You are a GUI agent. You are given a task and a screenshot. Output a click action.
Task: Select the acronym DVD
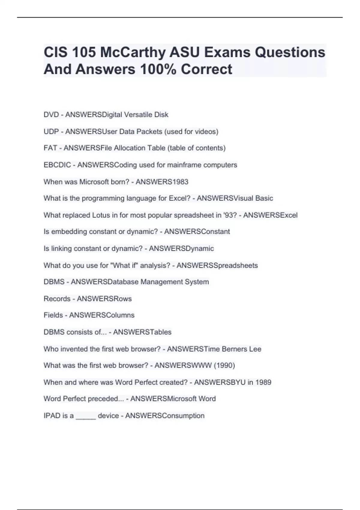[x=51, y=115]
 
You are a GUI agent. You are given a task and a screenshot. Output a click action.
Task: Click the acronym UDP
[x=51, y=131]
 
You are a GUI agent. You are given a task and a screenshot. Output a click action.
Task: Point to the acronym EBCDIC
[x=57, y=165]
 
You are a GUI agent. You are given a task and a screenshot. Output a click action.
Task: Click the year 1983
[x=179, y=182]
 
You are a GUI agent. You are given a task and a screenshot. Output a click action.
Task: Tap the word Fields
[x=53, y=315]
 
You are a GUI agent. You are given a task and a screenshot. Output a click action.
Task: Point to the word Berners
[x=235, y=349]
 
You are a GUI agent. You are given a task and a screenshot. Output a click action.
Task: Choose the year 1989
[x=263, y=382]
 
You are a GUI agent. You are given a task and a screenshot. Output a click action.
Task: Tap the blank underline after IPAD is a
[x=86, y=417]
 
